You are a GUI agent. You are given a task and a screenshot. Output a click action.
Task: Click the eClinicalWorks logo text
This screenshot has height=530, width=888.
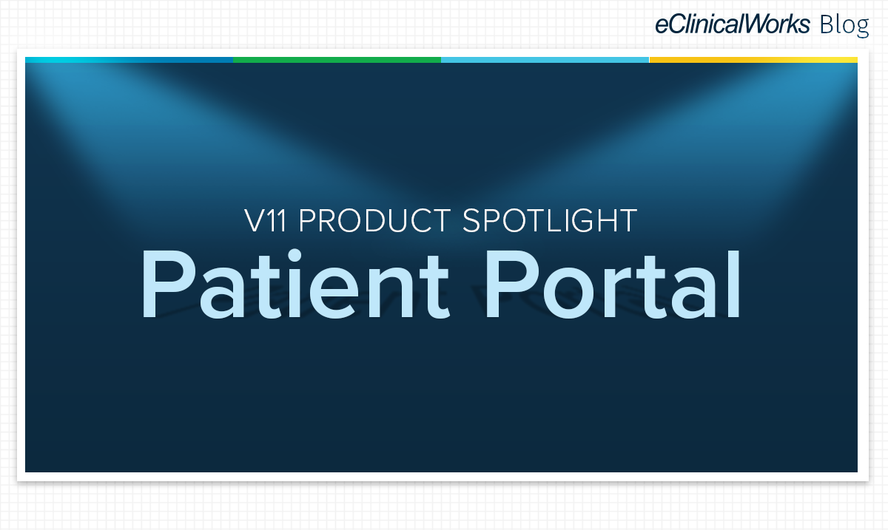tap(732, 24)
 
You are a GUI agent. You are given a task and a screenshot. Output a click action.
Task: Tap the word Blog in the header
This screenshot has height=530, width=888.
tap(844, 25)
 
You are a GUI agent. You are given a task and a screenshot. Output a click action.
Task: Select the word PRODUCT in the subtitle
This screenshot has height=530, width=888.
tap(374, 220)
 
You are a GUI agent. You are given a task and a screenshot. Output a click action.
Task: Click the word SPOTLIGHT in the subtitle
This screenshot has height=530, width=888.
tap(550, 220)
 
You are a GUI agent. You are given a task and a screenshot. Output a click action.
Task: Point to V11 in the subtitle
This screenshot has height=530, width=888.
tap(265, 220)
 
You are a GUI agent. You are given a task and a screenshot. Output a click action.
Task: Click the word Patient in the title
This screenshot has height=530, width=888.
tap(296, 284)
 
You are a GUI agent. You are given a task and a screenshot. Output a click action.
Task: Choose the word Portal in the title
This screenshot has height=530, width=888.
tap(613, 284)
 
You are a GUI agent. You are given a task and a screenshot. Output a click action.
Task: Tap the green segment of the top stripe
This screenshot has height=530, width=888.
tap(337, 60)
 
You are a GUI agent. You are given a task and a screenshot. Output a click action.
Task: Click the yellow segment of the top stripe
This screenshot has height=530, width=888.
tap(753, 60)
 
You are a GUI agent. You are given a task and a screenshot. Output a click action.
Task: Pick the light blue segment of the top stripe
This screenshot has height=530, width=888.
tap(545, 60)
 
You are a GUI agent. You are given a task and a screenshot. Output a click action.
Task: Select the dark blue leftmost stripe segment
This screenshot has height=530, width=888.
tap(129, 60)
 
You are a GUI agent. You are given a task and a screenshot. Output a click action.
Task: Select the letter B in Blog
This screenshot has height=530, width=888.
tap(827, 24)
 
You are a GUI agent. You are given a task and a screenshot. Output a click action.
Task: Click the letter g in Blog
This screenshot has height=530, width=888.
tap(862, 29)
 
